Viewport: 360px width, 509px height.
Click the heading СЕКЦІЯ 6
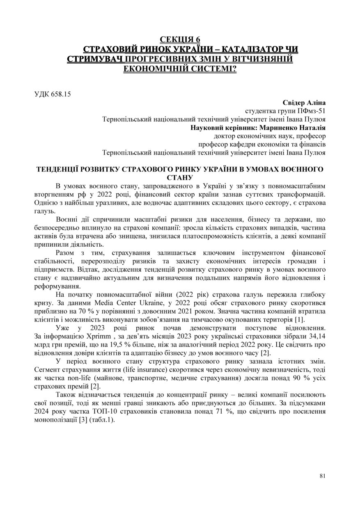click(x=180, y=39)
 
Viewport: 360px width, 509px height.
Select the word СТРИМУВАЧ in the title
click(x=95, y=59)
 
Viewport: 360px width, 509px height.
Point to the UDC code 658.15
click(x=61, y=94)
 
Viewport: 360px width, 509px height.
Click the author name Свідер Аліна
click(x=304, y=102)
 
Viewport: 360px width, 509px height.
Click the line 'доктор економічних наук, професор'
click(x=270, y=136)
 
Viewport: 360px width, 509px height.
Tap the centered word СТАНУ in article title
click(x=180, y=178)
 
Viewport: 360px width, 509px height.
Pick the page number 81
click(x=322, y=476)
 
